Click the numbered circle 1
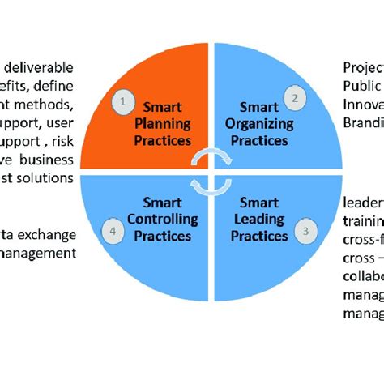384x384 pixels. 122,102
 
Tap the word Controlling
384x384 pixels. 164,219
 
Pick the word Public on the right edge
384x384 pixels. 361,85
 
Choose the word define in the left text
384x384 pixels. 68,85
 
